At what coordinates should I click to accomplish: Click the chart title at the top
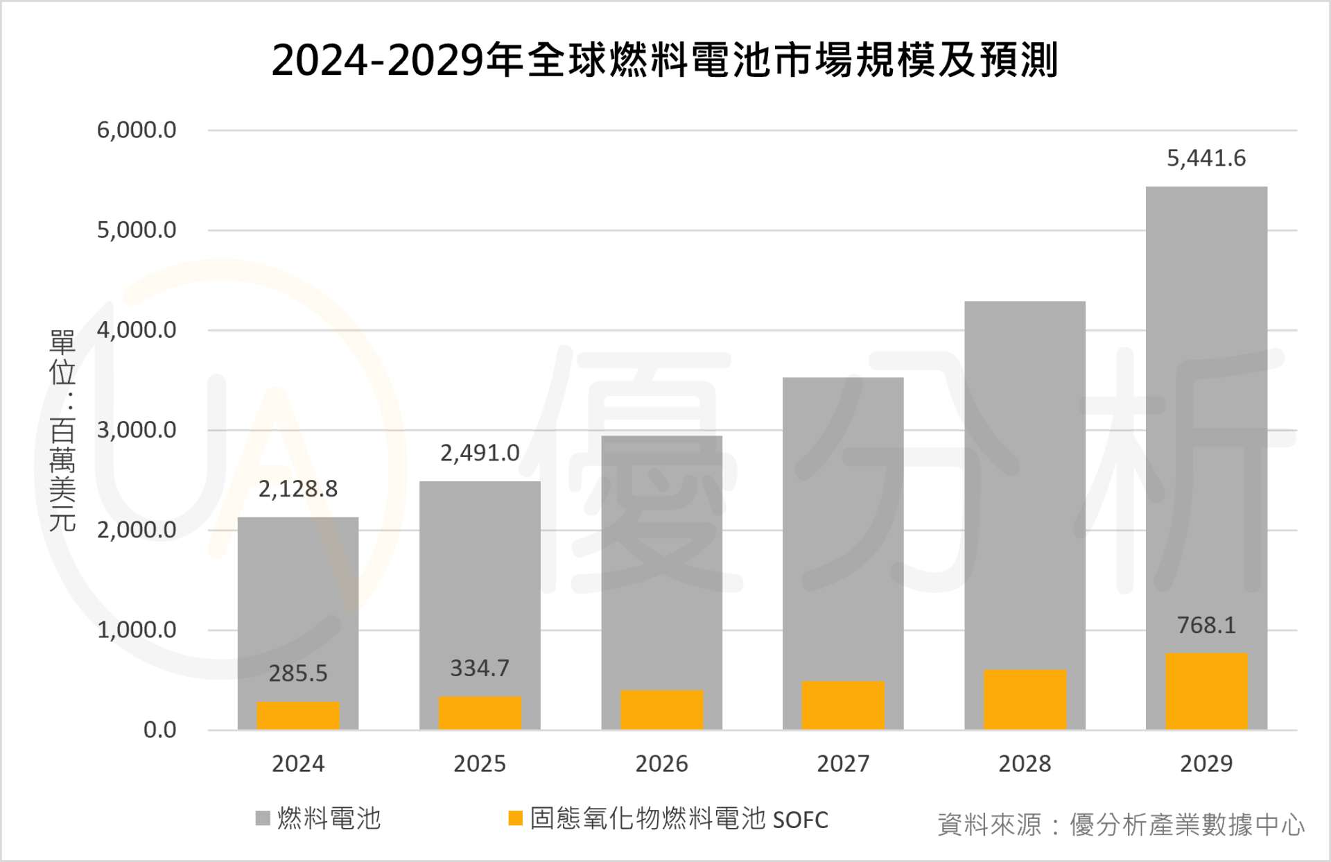pos(664,60)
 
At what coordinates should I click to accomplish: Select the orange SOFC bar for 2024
pos(298,716)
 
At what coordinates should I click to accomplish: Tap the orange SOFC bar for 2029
pos(1206,691)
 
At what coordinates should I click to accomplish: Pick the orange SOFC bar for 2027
pos(843,705)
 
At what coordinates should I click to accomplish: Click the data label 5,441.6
pos(1206,159)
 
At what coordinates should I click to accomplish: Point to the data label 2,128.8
pos(298,490)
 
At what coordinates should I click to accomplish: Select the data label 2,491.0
pos(480,454)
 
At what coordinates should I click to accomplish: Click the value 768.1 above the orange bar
pos(1206,626)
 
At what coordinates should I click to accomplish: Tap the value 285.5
pos(298,673)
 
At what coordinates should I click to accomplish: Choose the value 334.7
pos(480,669)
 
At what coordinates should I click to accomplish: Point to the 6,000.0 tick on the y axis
pos(137,130)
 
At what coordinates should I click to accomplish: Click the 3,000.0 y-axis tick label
pos(137,431)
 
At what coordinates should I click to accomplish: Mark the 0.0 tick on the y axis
pos(159,730)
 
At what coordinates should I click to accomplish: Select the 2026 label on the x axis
pos(661,764)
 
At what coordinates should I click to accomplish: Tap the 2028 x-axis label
pos(1025,764)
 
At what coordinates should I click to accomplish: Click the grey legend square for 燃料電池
pos(263,819)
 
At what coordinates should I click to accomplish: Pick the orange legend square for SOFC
pos(515,819)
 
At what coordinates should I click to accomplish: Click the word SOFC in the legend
pos(800,820)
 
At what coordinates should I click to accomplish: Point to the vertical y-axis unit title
pos(62,431)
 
